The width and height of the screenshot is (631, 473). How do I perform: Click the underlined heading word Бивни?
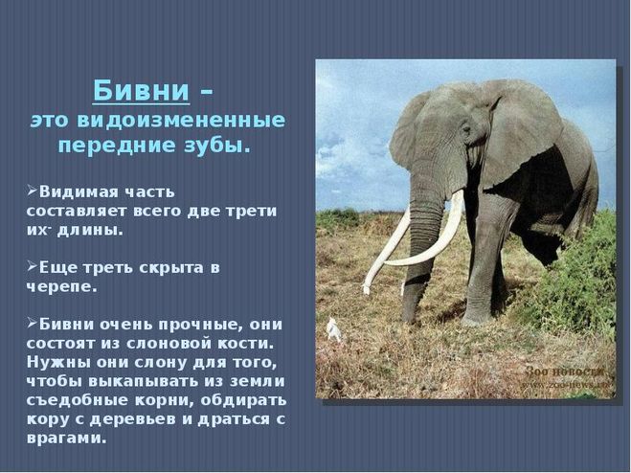pyautogui.click(x=141, y=91)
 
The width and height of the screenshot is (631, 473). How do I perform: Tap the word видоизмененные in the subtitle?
pyautogui.click(x=181, y=121)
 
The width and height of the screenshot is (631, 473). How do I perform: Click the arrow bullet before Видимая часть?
pyautogui.click(x=32, y=190)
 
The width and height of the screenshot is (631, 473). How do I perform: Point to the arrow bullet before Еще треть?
pyautogui.click(x=32, y=265)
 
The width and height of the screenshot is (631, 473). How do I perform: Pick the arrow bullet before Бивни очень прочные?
pyautogui.click(x=32, y=323)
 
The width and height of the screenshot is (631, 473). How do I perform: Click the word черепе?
pyautogui.click(x=62, y=287)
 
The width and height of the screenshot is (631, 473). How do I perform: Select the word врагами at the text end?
pyautogui.click(x=67, y=439)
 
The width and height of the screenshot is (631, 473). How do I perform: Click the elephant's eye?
pyautogui.click(x=467, y=130)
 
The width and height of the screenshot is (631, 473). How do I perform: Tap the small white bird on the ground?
pyautogui.click(x=333, y=329)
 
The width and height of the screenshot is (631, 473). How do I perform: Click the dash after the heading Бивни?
pyautogui.click(x=207, y=93)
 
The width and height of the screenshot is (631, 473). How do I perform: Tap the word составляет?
pyautogui.click(x=77, y=212)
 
